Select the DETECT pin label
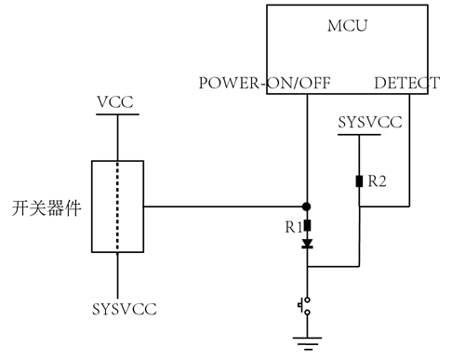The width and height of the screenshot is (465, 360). (406, 83)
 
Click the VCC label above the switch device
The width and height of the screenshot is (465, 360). (117, 100)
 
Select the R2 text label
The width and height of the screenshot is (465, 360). (377, 181)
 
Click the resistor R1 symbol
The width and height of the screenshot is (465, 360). (307, 224)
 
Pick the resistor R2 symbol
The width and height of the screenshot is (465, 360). (359, 180)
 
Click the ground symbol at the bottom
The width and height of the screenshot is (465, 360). (306, 341)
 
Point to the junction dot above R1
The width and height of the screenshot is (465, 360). (307, 206)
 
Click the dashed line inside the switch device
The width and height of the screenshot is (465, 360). (117, 206)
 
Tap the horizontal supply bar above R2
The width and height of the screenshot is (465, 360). (359, 135)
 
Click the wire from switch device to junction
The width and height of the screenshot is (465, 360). (223, 206)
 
